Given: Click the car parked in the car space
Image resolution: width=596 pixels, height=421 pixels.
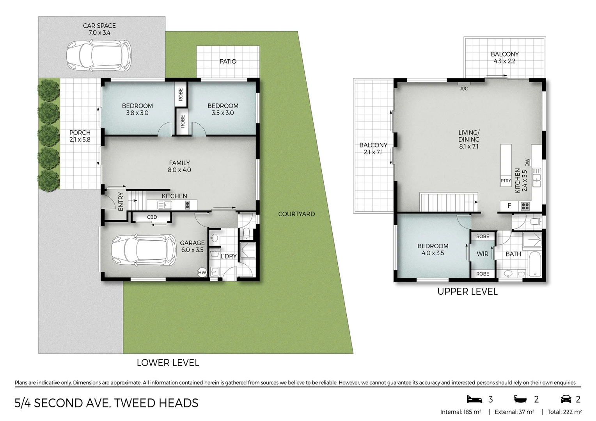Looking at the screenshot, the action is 99,56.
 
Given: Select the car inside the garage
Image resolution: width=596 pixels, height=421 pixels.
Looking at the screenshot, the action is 144,250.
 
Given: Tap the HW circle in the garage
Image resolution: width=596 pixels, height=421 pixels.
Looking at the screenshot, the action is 202,272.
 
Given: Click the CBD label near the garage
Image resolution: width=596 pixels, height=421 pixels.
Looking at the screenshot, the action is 152,217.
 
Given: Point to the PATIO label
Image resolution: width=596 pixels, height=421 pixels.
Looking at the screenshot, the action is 228,62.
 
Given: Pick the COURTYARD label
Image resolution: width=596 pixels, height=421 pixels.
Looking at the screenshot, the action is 296,214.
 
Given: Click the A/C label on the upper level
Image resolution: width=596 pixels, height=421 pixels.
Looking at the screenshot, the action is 464,89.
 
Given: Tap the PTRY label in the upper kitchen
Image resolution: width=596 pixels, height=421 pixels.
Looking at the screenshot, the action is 506,180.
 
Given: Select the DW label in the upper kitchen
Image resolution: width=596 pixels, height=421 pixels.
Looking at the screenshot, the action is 527,162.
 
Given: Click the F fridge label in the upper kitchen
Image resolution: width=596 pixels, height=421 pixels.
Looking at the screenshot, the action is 509,205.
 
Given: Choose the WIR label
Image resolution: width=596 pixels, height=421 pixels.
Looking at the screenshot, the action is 482,254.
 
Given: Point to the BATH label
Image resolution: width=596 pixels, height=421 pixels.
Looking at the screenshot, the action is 513,254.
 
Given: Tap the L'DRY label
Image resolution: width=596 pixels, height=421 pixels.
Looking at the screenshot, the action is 229,256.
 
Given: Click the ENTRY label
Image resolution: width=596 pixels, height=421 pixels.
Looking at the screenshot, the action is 121,202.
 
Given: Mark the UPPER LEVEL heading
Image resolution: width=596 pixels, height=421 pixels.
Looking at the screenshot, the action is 468,292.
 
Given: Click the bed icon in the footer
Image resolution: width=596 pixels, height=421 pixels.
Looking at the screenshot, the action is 474,399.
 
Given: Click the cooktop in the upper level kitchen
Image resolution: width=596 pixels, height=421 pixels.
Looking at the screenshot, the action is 525,206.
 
